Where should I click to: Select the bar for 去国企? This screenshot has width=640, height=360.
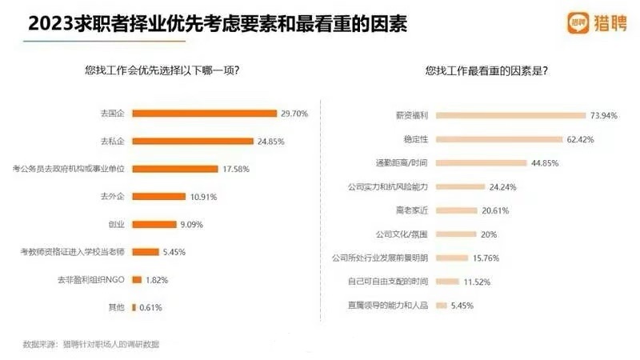point(204,114)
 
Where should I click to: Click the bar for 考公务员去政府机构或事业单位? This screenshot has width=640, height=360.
point(174,169)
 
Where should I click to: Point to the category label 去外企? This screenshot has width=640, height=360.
point(113,196)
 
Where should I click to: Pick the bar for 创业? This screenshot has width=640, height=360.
point(154,224)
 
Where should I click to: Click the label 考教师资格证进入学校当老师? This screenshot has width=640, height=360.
point(73,252)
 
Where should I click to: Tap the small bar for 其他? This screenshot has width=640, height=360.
point(134,307)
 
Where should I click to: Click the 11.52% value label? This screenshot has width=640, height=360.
point(477,282)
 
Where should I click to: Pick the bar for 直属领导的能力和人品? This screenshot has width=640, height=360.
point(441,306)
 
